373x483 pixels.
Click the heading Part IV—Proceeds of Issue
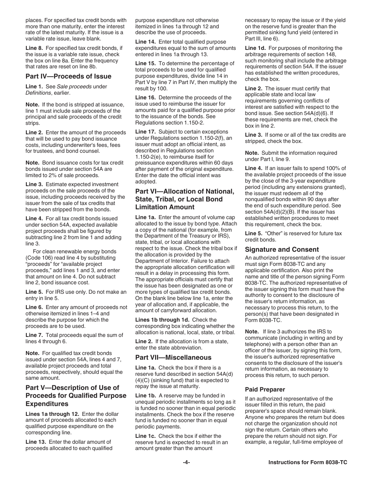[x=68, y=76]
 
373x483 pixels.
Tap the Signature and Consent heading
[x=282, y=249]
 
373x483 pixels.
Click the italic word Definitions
[x=38, y=93]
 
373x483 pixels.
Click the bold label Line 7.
[x=34, y=335]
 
